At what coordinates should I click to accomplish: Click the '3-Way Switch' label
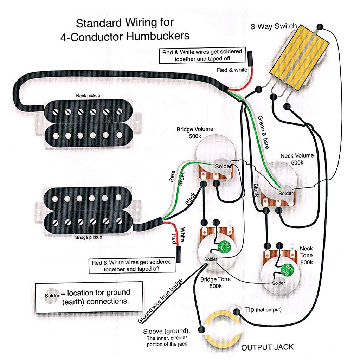pos(274,27)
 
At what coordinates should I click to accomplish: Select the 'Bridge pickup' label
pos(89,237)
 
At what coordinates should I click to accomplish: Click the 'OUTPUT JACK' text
pos(267,347)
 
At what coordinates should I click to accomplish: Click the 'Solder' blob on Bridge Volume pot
pos(223,166)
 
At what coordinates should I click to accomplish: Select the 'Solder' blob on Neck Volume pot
pos(285,193)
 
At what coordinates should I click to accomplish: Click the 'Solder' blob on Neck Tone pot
pos(278,283)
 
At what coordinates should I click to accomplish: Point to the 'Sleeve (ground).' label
pos(167,332)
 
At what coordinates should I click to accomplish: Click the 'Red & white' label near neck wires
pos(232,70)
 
